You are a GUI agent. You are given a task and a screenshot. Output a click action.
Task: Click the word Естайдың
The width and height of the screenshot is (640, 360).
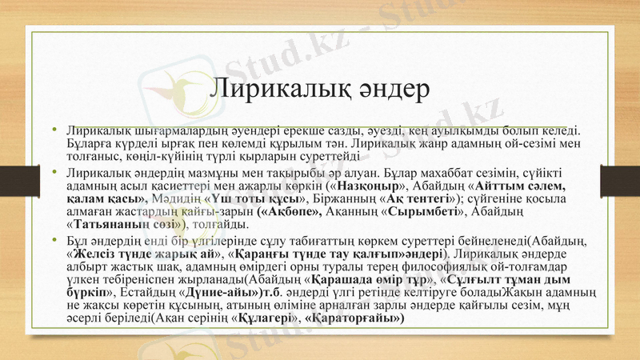(150, 293)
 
